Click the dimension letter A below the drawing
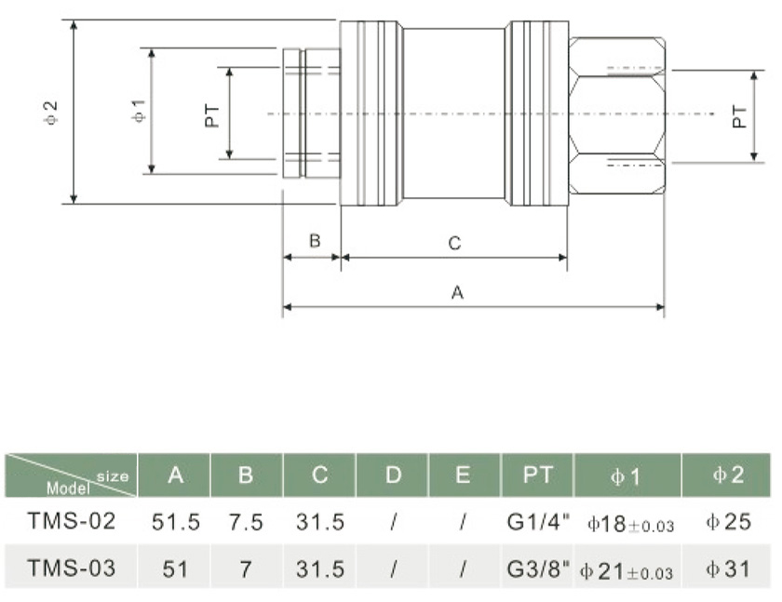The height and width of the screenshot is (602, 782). coord(457,292)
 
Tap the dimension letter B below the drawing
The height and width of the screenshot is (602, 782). coord(315,241)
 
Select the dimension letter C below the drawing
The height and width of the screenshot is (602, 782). coord(454,244)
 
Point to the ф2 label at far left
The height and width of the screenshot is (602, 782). coord(52,114)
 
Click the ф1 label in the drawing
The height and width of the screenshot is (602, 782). coord(138,113)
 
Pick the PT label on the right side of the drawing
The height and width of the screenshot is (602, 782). coord(739,115)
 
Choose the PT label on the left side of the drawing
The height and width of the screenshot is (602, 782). coord(213,114)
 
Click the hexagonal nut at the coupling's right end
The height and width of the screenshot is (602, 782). coord(617,114)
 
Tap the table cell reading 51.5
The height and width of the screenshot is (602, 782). coord(175,522)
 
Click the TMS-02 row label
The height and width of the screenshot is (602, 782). coord(73,522)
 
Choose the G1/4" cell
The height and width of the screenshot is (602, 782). coord(538,522)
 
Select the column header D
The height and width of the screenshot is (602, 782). coord(393,475)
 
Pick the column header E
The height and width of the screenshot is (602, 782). coord(463,475)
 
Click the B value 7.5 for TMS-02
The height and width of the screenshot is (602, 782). coord(246,522)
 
